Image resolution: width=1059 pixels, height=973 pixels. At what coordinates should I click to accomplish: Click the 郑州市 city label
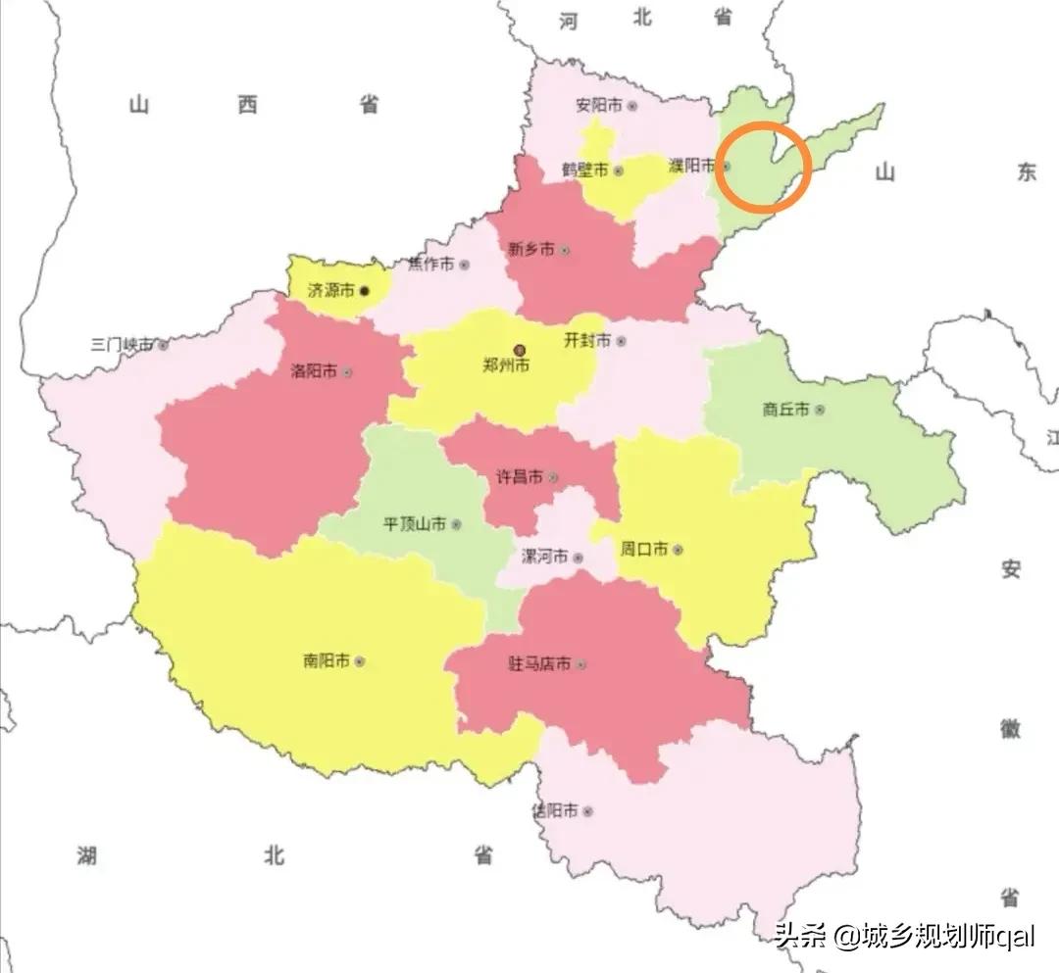point(506,365)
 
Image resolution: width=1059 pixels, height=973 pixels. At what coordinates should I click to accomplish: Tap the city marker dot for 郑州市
point(520,348)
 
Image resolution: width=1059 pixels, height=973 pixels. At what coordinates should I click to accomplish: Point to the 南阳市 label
point(326,661)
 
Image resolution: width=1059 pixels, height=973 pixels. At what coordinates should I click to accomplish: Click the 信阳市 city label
point(554,810)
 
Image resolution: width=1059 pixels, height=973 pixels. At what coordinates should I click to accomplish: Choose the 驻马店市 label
point(538,663)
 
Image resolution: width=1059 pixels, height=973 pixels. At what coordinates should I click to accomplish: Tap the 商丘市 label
point(785,410)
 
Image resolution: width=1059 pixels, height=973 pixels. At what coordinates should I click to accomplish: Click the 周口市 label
point(643,549)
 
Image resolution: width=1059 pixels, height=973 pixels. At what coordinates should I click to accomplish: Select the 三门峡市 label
point(122,345)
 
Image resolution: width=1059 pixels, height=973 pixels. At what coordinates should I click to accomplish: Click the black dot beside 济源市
point(365,291)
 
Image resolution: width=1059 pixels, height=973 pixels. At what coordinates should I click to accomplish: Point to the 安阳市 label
point(599,104)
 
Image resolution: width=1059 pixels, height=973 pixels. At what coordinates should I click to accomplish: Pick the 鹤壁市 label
point(585,170)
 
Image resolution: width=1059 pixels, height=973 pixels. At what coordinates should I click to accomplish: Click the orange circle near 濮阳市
point(763,168)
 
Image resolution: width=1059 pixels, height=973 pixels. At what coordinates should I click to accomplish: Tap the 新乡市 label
point(530,249)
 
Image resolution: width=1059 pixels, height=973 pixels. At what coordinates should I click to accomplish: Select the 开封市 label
point(587,340)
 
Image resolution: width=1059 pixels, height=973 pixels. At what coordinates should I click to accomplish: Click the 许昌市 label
point(520,477)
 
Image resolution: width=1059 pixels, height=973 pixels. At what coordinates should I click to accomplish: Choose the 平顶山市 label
point(415,524)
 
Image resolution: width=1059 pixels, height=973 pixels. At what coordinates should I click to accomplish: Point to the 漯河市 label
point(544,557)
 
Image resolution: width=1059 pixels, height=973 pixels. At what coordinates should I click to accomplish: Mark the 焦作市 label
point(431,265)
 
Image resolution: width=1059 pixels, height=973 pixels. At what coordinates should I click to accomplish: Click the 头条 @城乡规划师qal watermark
point(903,936)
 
